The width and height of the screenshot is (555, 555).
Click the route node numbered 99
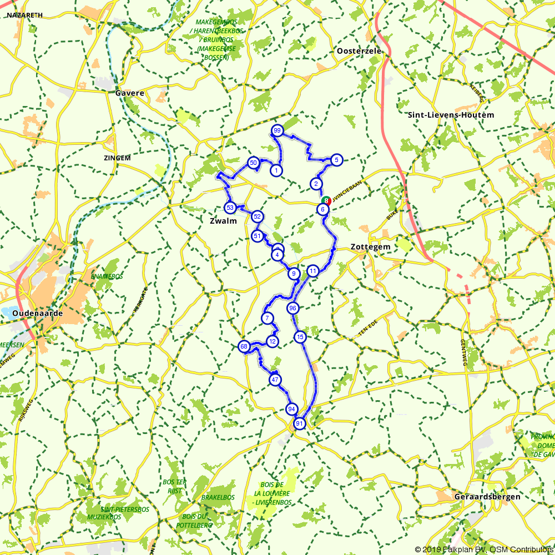pos(277,130)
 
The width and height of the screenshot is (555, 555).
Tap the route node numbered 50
pos(253,163)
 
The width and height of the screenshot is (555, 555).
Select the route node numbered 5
pos(336,160)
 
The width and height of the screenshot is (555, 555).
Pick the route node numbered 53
pos(230,208)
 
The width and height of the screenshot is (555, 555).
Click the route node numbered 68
pos(244,346)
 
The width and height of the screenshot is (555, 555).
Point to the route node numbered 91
pos(300,423)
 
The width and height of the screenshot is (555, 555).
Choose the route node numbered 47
pos(275,380)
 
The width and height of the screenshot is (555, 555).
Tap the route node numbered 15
pos(300,337)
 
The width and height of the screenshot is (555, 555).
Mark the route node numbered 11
pos(313,271)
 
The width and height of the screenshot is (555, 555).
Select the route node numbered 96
pos(293,308)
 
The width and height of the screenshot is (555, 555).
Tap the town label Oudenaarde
pos(37,313)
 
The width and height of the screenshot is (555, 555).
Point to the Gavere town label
pos(130,93)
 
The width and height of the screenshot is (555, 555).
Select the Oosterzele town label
pos(359,51)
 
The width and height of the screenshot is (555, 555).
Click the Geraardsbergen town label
pos(487,497)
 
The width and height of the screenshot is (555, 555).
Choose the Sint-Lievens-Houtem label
pos(451,115)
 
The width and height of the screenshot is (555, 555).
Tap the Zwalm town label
pos(223,221)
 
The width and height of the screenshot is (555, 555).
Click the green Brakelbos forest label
pos(218,497)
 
